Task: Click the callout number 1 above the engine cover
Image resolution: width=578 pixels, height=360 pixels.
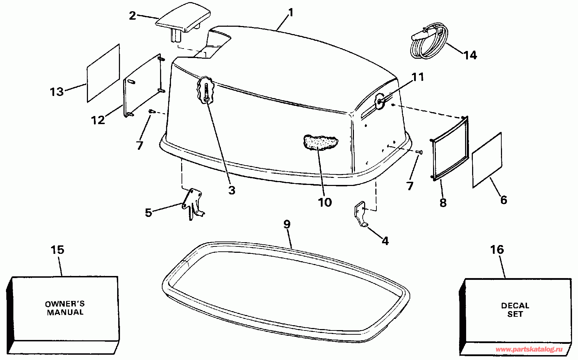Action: [x=290, y=13]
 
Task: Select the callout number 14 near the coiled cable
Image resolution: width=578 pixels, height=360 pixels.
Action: [x=470, y=55]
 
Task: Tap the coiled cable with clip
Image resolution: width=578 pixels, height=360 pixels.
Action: [x=428, y=41]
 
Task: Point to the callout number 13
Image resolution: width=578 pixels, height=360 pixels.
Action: [x=57, y=92]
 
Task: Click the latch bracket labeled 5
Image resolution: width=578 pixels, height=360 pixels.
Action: [x=192, y=204]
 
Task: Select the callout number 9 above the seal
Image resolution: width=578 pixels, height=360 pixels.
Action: [x=287, y=224]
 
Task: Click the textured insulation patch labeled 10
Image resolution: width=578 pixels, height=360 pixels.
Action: [x=320, y=142]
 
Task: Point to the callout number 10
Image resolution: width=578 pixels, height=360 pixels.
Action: [x=325, y=202]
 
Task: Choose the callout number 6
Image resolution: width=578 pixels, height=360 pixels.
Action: [x=503, y=200]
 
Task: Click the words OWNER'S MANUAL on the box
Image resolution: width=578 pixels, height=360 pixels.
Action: [x=65, y=308]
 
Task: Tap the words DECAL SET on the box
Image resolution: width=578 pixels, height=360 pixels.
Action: [x=515, y=310]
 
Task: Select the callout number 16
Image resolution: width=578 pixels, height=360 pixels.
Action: [x=497, y=250]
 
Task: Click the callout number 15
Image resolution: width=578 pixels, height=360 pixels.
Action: [x=57, y=250]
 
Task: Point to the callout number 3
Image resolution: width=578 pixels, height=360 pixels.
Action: [x=231, y=190]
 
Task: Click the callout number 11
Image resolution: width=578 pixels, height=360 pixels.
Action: [x=418, y=77]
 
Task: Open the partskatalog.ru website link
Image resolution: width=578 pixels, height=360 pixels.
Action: [x=529, y=349]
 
